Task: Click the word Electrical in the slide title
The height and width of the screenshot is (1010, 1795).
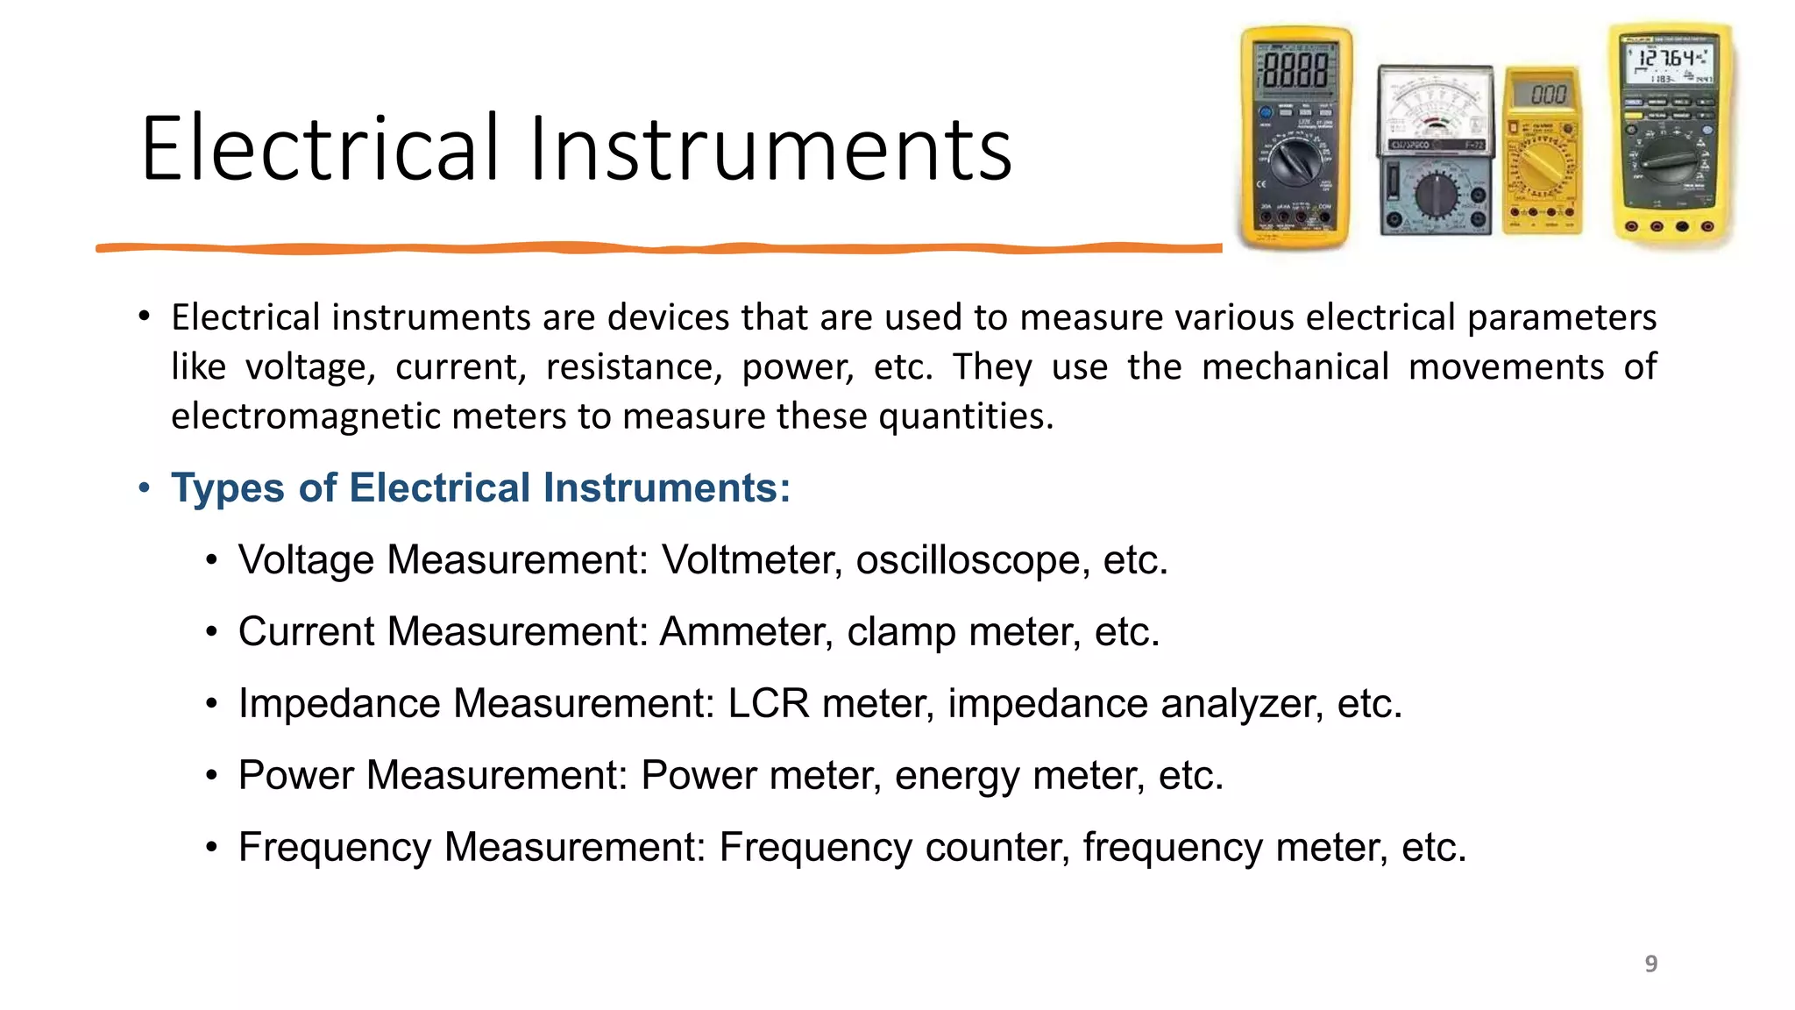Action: tap(320, 149)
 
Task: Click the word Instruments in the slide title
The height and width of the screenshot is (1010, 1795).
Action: tap(770, 149)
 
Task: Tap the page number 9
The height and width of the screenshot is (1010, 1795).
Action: tap(1650, 964)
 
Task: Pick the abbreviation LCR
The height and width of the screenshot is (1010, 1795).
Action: tap(768, 703)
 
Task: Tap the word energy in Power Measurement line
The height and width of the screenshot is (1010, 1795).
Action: tap(957, 775)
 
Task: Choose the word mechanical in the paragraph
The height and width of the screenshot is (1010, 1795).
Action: tap(1295, 366)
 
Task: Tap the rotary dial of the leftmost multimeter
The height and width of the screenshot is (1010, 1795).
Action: tap(1294, 162)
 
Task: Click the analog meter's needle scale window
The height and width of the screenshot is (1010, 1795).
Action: tap(1435, 110)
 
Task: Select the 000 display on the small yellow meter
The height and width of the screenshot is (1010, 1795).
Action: tap(1548, 94)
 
